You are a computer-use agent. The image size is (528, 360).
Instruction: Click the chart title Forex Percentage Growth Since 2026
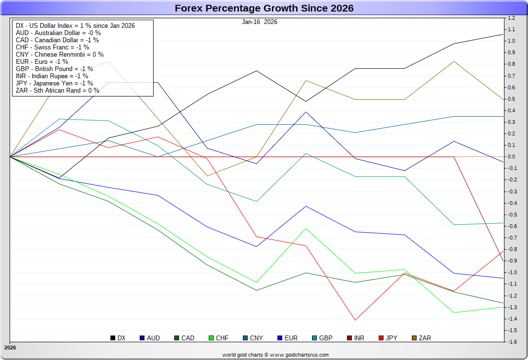click(x=264, y=8)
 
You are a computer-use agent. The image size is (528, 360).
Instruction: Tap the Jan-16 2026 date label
click(x=259, y=22)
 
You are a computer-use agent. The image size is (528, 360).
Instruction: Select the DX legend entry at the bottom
click(x=118, y=338)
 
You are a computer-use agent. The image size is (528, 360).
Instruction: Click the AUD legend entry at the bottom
click(x=149, y=338)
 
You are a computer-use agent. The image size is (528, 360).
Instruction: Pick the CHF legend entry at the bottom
click(x=218, y=338)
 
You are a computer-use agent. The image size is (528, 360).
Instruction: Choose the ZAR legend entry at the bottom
click(x=421, y=338)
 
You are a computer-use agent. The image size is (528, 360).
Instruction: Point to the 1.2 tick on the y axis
click(x=511, y=18)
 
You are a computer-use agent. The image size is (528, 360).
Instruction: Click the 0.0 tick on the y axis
click(x=511, y=156)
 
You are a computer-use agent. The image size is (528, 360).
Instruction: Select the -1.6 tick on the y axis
click(x=511, y=342)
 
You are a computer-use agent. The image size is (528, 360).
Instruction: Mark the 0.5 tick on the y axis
click(x=511, y=99)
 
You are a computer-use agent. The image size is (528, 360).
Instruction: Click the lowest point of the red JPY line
click(x=356, y=320)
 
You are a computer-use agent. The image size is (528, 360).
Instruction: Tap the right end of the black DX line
click(x=504, y=34)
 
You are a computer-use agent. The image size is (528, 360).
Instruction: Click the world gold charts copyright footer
click(x=276, y=355)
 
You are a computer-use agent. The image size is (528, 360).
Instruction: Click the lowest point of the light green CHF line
click(x=454, y=312)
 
